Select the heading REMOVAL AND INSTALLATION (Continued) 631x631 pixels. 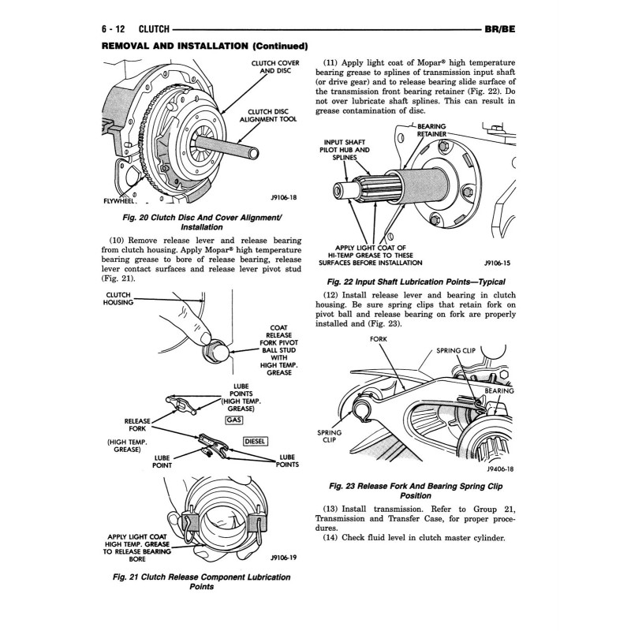coord(204,46)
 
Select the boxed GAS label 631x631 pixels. coord(233,420)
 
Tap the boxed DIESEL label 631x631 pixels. coord(257,441)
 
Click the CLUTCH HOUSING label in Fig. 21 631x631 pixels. coord(118,298)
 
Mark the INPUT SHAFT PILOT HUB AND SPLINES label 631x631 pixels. coord(345,149)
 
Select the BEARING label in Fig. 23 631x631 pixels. coord(499,391)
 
